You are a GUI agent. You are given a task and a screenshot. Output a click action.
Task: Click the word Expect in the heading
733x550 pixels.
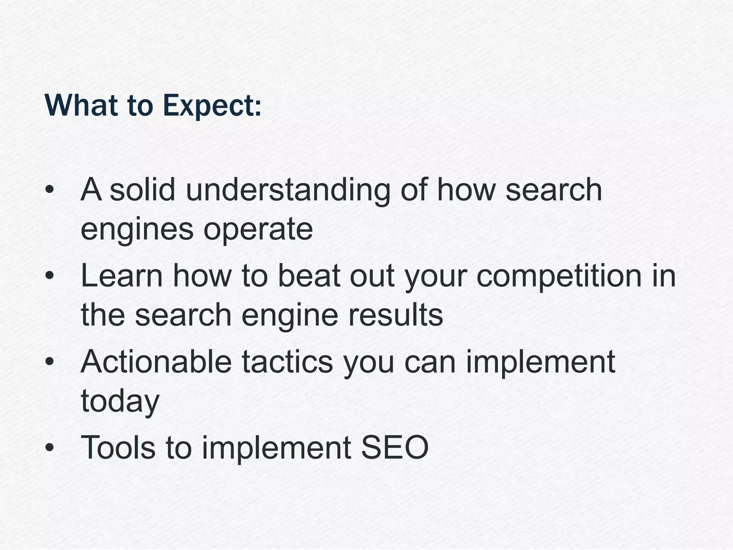pyautogui.click(x=211, y=106)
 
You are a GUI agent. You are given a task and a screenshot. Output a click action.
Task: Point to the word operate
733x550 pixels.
pyautogui.click(x=258, y=230)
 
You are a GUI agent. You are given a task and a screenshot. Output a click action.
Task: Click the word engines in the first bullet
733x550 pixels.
pyautogui.click(x=137, y=230)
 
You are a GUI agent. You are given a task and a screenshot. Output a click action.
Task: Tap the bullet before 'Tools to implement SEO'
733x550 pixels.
pyautogui.click(x=50, y=447)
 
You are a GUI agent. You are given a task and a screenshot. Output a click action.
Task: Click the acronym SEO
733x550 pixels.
pyautogui.click(x=395, y=447)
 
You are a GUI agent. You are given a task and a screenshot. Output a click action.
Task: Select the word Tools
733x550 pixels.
pyautogui.click(x=118, y=447)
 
